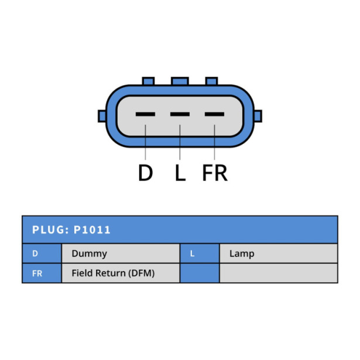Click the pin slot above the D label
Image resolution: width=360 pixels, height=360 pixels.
coord(145,114)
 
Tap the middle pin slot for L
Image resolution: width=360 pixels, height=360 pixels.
coord(180,114)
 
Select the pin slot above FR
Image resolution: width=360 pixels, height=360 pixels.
coord(214,114)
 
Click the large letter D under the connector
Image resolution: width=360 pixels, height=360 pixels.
coord(146,173)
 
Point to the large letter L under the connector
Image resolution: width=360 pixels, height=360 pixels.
coord(180,173)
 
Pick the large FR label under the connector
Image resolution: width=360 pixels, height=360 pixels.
coord(215,173)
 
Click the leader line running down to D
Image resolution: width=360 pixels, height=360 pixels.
coord(145,142)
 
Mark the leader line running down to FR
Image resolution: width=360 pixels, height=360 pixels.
coord(214,142)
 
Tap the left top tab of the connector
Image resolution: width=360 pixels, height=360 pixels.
coord(148,81)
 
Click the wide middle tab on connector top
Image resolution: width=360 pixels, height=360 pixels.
coord(180,81)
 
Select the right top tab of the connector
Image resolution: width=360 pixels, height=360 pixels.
coord(211,81)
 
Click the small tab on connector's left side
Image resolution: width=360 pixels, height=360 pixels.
coord(102,116)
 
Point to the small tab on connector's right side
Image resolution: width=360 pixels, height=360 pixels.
coord(258,116)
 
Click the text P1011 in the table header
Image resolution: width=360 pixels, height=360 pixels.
coord(92,230)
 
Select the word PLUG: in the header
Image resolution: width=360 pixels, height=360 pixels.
coord(51,230)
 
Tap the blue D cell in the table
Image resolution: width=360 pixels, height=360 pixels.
coord(42,253)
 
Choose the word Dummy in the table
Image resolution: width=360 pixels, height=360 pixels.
coord(90,253)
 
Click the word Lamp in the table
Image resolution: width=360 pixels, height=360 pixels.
coord(242,254)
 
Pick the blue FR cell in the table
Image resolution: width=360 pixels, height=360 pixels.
coord(42,273)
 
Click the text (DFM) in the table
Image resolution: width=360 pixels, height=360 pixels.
coord(142,273)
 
